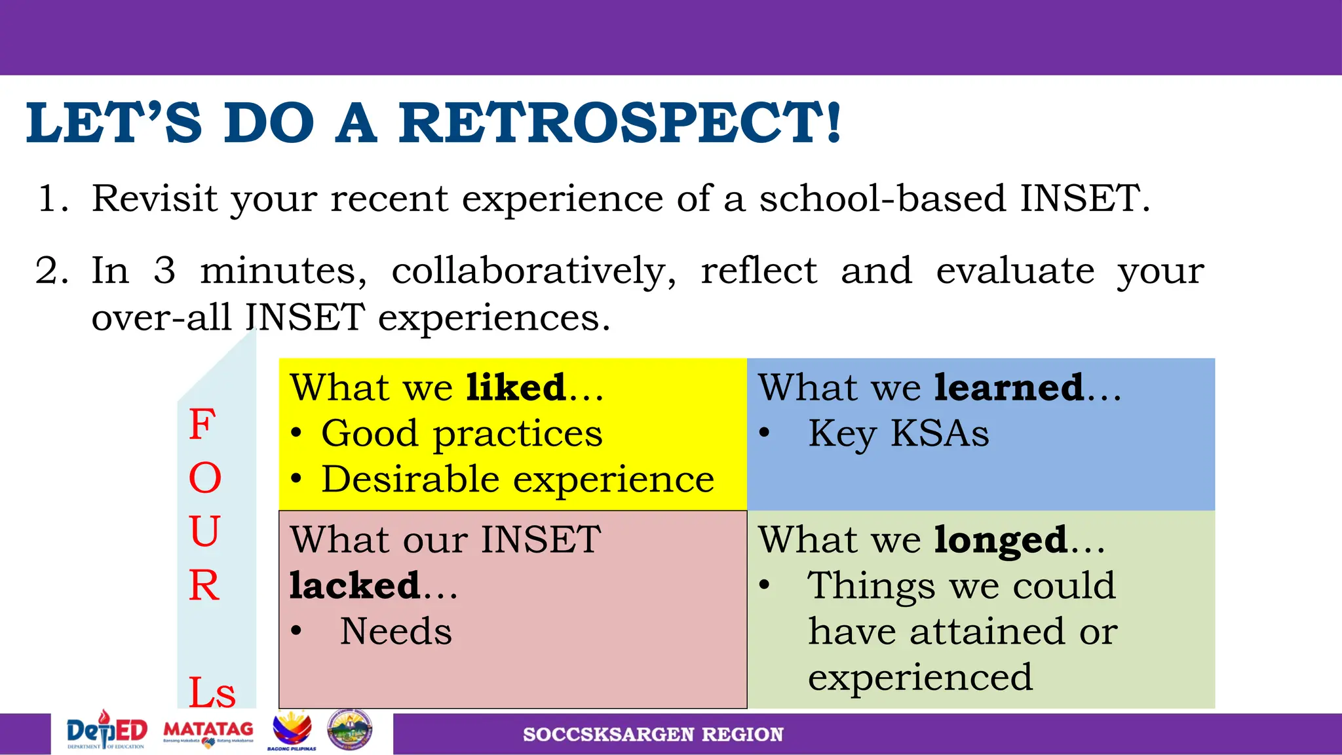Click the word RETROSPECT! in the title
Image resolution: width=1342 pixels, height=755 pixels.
click(x=619, y=123)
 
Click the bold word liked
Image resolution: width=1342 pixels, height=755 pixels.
click(x=516, y=387)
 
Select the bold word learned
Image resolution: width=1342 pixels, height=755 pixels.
click(x=1009, y=387)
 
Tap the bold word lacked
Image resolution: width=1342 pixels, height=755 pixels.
click(x=355, y=585)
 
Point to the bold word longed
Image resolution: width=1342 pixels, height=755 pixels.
click(x=1001, y=540)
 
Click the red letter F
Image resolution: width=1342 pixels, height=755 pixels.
click(x=202, y=425)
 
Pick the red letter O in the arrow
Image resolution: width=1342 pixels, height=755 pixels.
click(x=205, y=478)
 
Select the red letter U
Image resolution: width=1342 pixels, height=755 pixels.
click(x=204, y=532)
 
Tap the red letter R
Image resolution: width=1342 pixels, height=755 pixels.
click(x=204, y=585)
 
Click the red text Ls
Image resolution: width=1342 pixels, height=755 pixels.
click(x=212, y=693)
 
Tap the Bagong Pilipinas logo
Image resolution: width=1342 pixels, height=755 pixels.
click(x=292, y=730)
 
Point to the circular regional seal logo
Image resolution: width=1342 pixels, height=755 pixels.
click(x=350, y=730)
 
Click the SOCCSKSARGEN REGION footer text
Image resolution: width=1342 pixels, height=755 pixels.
click(x=653, y=735)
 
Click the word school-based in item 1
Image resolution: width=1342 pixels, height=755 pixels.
click(x=882, y=199)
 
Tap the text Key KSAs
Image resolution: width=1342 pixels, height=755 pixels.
click(x=898, y=434)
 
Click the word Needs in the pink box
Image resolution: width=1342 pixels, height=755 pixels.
click(x=396, y=632)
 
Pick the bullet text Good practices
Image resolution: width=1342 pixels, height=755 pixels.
click(x=461, y=434)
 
